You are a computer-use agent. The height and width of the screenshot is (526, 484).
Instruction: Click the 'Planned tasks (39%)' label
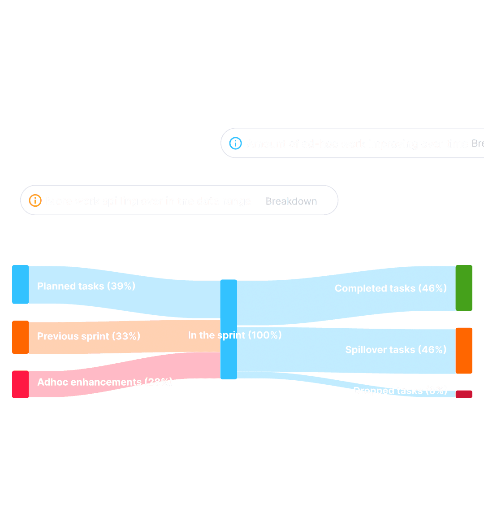pyautogui.click(x=86, y=286)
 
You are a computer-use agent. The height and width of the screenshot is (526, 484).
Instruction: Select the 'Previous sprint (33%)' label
pyautogui.click(x=88, y=336)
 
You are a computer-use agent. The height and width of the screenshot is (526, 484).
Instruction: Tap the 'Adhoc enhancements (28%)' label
pyautogui.click(x=104, y=382)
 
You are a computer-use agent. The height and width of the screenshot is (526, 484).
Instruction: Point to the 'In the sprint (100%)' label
pyautogui.click(x=234, y=335)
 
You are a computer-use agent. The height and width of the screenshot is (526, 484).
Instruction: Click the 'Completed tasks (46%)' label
pyautogui.click(x=390, y=288)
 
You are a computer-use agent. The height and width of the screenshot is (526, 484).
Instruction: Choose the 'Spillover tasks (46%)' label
pyautogui.click(x=396, y=350)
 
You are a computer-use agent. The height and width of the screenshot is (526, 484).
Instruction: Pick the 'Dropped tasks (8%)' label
pyautogui.click(x=400, y=391)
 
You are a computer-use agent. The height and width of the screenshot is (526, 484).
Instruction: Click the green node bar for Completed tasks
pyautogui.click(x=464, y=288)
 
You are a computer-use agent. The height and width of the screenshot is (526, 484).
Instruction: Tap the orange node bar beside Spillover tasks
pyautogui.click(x=464, y=351)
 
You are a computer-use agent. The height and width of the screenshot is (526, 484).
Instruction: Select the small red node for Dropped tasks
pyautogui.click(x=464, y=394)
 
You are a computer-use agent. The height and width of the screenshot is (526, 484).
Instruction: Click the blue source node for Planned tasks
pyautogui.click(x=20, y=284)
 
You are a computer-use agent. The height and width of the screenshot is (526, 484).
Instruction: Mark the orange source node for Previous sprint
pyautogui.click(x=20, y=337)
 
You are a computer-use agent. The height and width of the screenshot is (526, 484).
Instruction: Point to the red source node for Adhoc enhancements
pyautogui.click(x=20, y=384)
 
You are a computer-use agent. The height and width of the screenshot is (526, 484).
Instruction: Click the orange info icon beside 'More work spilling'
pyautogui.click(x=35, y=200)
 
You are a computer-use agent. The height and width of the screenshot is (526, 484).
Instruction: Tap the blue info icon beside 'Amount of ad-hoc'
pyautogui.click(x=235, y=143)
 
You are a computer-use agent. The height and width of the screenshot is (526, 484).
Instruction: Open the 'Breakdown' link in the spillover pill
pyautogui.click(x=291, y=201)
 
